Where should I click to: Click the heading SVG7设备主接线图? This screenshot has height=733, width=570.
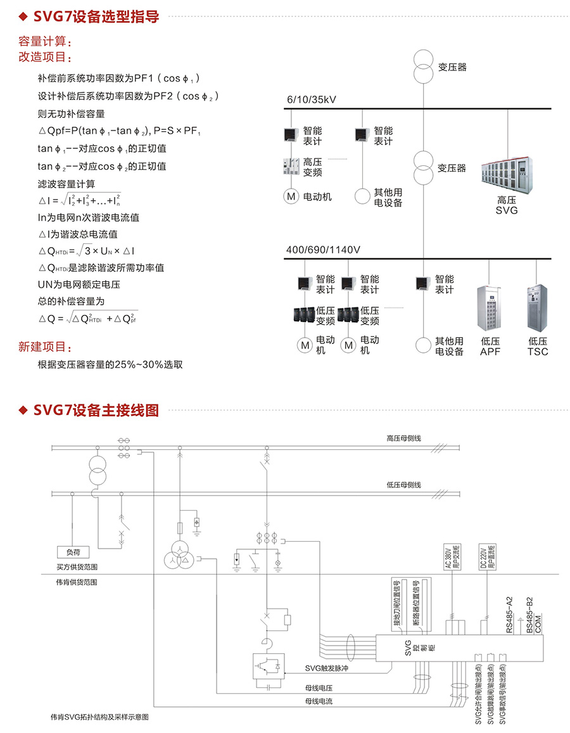pyautogui.click(x=95, y=410)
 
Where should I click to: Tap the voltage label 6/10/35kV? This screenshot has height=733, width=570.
pyautogui.click(x=311, y=100)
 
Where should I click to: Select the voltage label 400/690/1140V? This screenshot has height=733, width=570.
pyautogui.click(x=323, y=250)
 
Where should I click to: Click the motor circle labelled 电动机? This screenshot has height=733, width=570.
pyautogui.click(x=291, y=197)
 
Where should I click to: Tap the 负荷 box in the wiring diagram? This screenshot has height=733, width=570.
pyautogui.click(x=73, y=552)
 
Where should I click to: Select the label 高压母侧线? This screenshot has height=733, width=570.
pyautogui.click(x=403, y=438)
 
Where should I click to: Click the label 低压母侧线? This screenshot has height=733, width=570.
pyautogui.click(x=403, y=485)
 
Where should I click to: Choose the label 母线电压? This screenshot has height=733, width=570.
pyautogui.click(x=319, y=688)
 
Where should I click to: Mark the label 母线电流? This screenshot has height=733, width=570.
pyautogui.click(x=319, y=701)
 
